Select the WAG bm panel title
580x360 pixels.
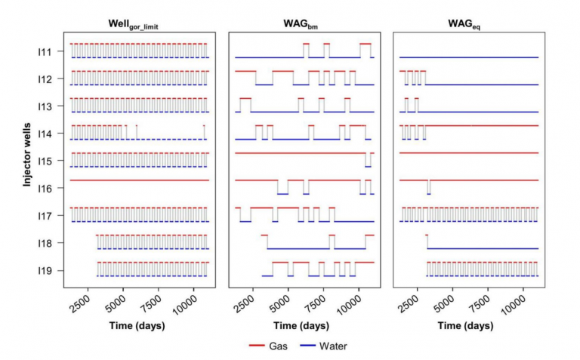click(x=304, y=25)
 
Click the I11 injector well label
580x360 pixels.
click(x=45, y=51)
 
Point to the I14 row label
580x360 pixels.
click(x=45, y=134)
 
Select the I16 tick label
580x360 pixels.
click(x=45, y=188)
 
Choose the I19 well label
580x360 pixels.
click(x=45, y=270)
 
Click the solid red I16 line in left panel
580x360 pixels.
click(x=139, y=180)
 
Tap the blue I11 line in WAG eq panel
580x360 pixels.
click(x=468, y=57)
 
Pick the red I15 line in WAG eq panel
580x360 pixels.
click(x=468, y=153)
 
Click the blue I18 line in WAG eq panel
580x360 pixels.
click(x=483, y=248)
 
